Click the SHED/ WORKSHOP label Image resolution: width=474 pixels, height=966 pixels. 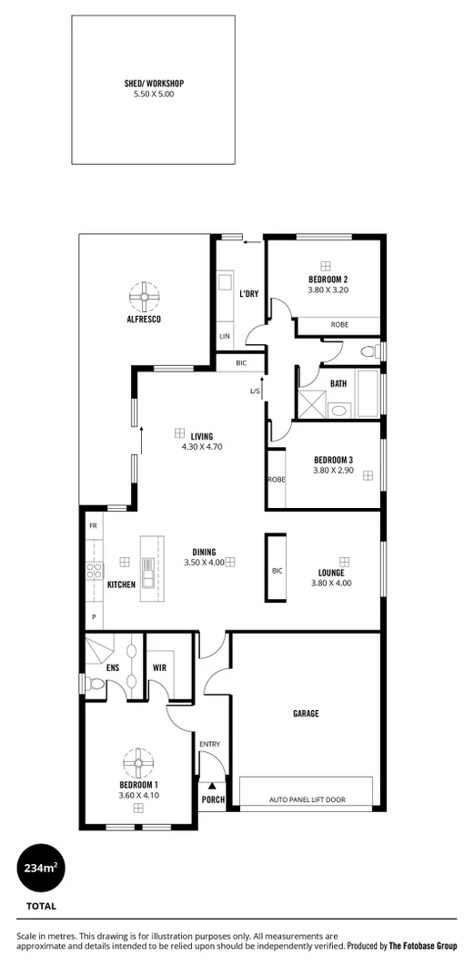point(154,83)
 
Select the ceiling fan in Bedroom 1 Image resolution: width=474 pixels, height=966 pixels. point(139,760)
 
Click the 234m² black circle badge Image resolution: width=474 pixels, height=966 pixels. point(41,869)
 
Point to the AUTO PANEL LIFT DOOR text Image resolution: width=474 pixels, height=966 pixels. point(306,800)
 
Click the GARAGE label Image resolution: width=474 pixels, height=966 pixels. point(306,714)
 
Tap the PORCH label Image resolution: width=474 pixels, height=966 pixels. point(213,799)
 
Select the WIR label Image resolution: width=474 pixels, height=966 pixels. point(160,667)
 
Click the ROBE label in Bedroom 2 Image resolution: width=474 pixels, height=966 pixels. point(338,324)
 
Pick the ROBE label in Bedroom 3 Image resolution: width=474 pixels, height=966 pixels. point(275,479)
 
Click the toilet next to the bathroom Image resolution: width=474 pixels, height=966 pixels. point(368,351)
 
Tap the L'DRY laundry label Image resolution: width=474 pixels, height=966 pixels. point(249,294)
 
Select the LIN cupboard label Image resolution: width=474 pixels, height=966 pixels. point(225,337)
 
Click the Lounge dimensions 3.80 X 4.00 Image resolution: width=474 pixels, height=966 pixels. point(331,583)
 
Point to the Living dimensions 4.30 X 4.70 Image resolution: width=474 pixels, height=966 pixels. point(202,447)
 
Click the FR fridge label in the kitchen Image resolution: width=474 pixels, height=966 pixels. point(93,527)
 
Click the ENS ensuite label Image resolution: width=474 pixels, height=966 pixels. point(113,667)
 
